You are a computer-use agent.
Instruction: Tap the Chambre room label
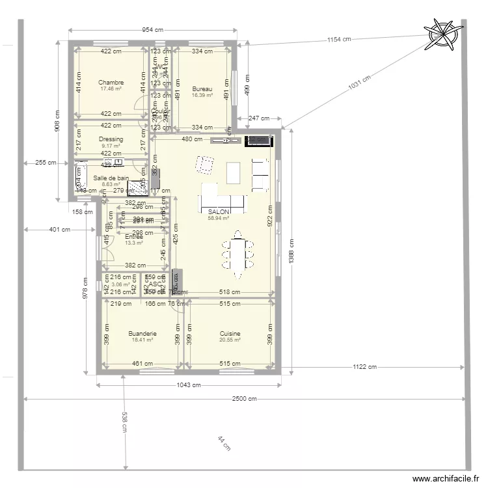click(x=111, y=83)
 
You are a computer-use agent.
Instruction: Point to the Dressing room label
click(x=111, y=139)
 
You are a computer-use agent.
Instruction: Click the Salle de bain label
click(x=111, y=178)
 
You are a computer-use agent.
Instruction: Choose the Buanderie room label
click(x=142, y=334)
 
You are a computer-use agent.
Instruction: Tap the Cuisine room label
click(x=230, y=334)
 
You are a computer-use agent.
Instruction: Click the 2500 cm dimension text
click(x=245, y=399)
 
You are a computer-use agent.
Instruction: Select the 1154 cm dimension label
click(x=338, y=40)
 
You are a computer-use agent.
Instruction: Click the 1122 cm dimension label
click(x=364, y=367)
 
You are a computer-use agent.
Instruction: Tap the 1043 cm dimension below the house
click(x=188, y=385)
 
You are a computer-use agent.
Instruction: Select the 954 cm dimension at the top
click(x=152, y=30)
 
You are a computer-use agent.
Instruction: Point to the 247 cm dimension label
click(x=259, y=118)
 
